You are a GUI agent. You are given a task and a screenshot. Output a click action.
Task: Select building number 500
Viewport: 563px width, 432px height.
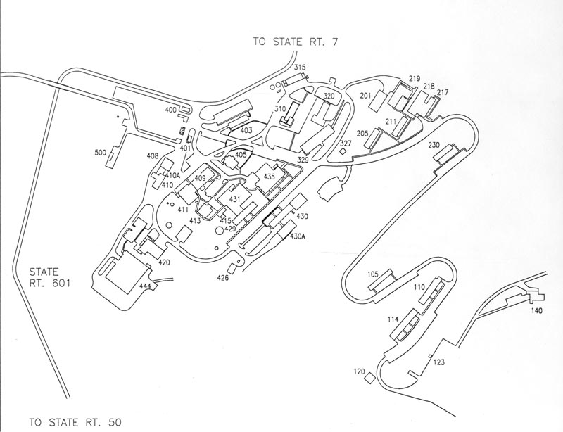coord(101,152)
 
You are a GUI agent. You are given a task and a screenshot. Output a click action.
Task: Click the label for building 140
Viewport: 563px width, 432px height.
coord(537,310)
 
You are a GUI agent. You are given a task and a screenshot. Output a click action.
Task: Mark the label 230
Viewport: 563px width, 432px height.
coord(434,145)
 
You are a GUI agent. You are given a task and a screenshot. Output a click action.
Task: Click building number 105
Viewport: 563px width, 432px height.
coord(372,273)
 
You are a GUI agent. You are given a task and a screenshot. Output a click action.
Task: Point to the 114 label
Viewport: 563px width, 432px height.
coord(393,319)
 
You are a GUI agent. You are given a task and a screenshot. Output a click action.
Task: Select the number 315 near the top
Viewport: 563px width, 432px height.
coord(301,68)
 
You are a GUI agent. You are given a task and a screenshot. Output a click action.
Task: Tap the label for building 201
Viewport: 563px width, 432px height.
coord(365,95)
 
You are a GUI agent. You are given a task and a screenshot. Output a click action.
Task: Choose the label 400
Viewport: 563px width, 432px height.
coord(170,110)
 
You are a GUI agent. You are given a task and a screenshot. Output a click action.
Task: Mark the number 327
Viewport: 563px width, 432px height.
coord(346,144)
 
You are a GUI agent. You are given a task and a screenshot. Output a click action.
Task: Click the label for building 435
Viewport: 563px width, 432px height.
coord(269,177)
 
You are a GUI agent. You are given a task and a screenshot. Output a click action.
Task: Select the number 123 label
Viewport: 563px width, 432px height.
coord(438,362)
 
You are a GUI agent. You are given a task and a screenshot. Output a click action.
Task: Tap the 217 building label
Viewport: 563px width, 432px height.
coord(442,92)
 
